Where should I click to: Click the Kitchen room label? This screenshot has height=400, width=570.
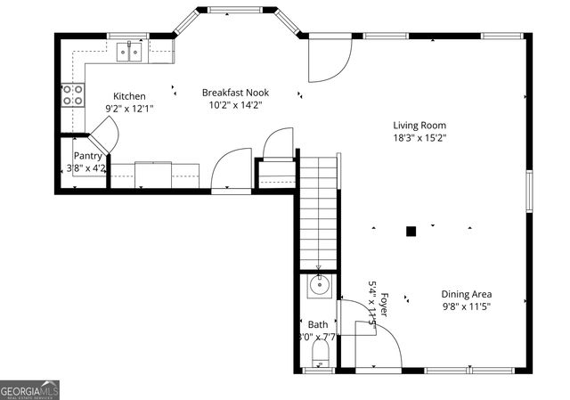129,96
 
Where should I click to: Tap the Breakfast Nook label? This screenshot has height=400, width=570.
235,93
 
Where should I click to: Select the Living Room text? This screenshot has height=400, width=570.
419,126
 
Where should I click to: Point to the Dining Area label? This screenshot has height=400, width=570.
466,295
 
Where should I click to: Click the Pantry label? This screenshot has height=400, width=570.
88,156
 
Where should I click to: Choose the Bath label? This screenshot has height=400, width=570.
318,325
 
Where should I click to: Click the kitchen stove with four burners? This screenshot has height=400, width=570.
72,94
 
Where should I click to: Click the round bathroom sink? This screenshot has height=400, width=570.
319,286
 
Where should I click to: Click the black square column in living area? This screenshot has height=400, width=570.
411,232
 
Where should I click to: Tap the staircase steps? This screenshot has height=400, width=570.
318,214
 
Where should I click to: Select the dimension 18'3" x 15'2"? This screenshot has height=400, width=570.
419,138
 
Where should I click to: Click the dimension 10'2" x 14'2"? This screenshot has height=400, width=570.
235,105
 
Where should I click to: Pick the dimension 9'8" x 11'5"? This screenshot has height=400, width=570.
466,306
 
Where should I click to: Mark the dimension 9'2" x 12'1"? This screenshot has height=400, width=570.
129,109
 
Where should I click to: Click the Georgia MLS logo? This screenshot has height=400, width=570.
30,390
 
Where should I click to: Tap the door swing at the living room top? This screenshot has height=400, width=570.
330,58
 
